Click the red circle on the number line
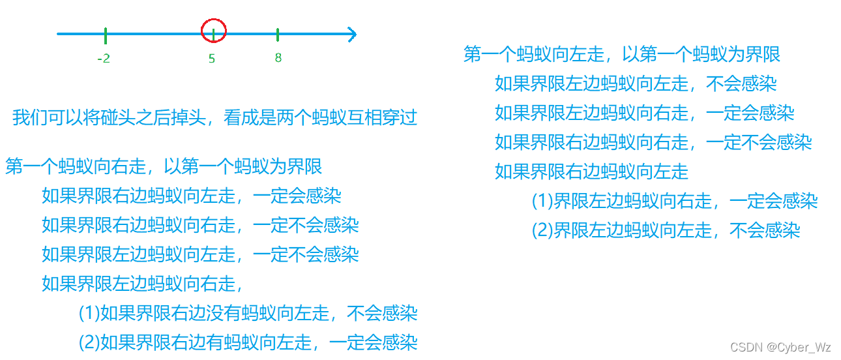click(x=214, y=31)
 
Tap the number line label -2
click(x=103, y=59)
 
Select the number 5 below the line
click(x=212, y=59)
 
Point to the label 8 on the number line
click(x=278, y=58)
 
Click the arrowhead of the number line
click(x=351, y=34)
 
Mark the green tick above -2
click(x=105, y=34)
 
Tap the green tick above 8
click(x=278, y=34)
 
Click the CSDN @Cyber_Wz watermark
click(x=780, y=347)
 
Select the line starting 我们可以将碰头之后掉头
click(x=214, y=118)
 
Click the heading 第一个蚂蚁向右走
click(x=164, y=167)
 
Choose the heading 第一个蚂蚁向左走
click(x=621, y=54)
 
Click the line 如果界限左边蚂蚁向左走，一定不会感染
click(x=200, y=254)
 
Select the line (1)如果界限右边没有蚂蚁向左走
click(x=248, y=314)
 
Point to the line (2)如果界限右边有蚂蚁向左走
click(x=248, y=342)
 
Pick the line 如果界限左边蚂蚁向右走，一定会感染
click(x=644, y=113)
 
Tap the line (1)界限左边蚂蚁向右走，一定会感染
click(x=675, y=201)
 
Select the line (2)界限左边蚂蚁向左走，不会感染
click(x=666, y=230)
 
